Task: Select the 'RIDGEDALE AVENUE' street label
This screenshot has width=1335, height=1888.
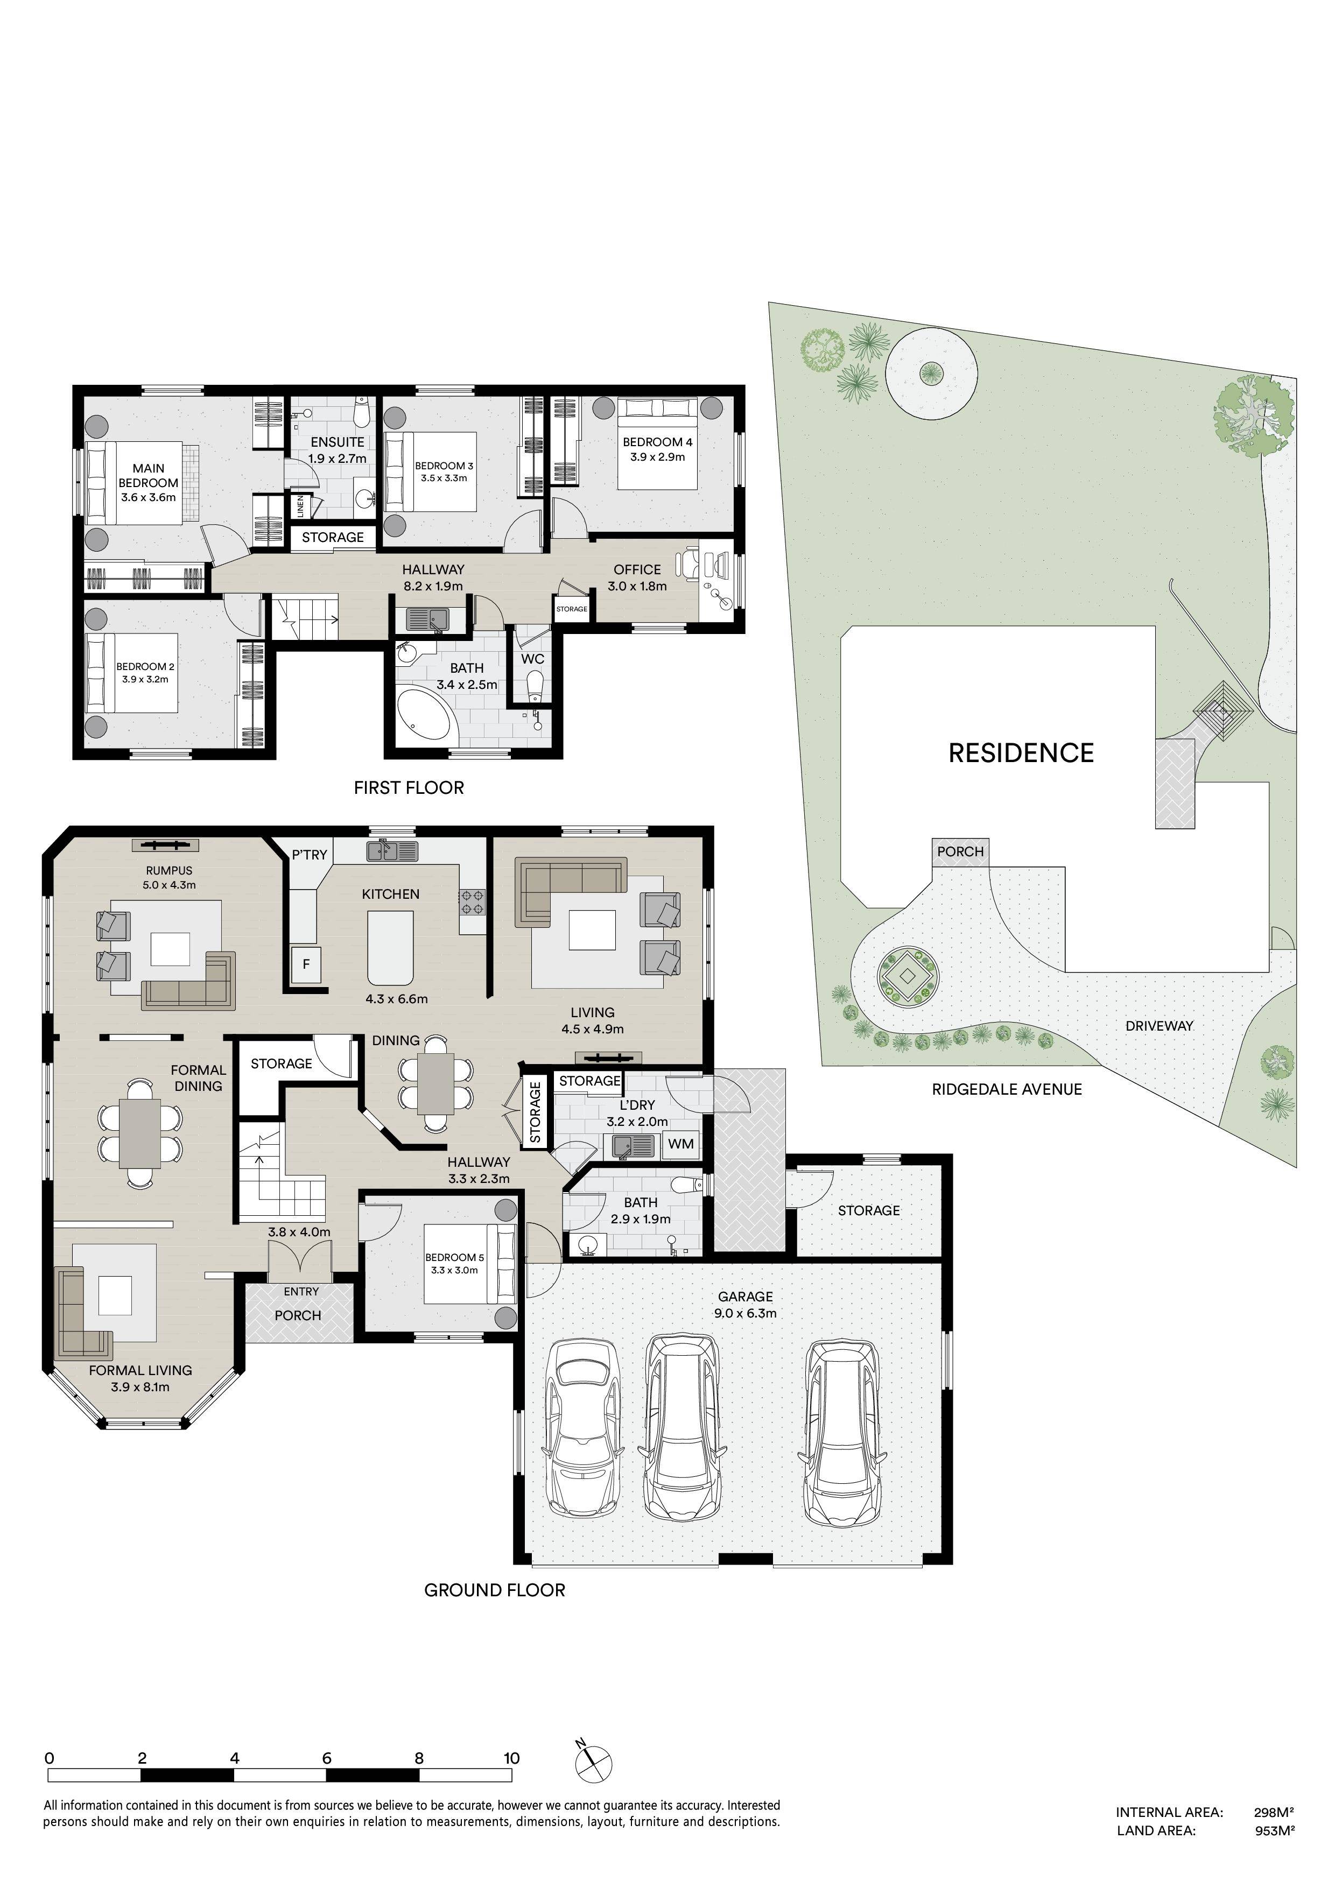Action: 1006,1089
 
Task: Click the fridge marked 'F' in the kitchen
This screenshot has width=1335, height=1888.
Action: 306,964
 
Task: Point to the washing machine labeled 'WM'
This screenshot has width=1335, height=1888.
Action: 680,1144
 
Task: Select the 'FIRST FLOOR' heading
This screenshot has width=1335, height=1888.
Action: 409,788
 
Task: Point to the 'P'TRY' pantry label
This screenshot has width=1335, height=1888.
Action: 310,855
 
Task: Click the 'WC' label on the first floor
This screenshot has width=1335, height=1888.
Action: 532,659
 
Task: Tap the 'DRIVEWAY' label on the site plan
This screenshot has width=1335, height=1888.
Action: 1159,1026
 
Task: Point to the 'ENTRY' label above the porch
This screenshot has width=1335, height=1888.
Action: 301,1292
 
